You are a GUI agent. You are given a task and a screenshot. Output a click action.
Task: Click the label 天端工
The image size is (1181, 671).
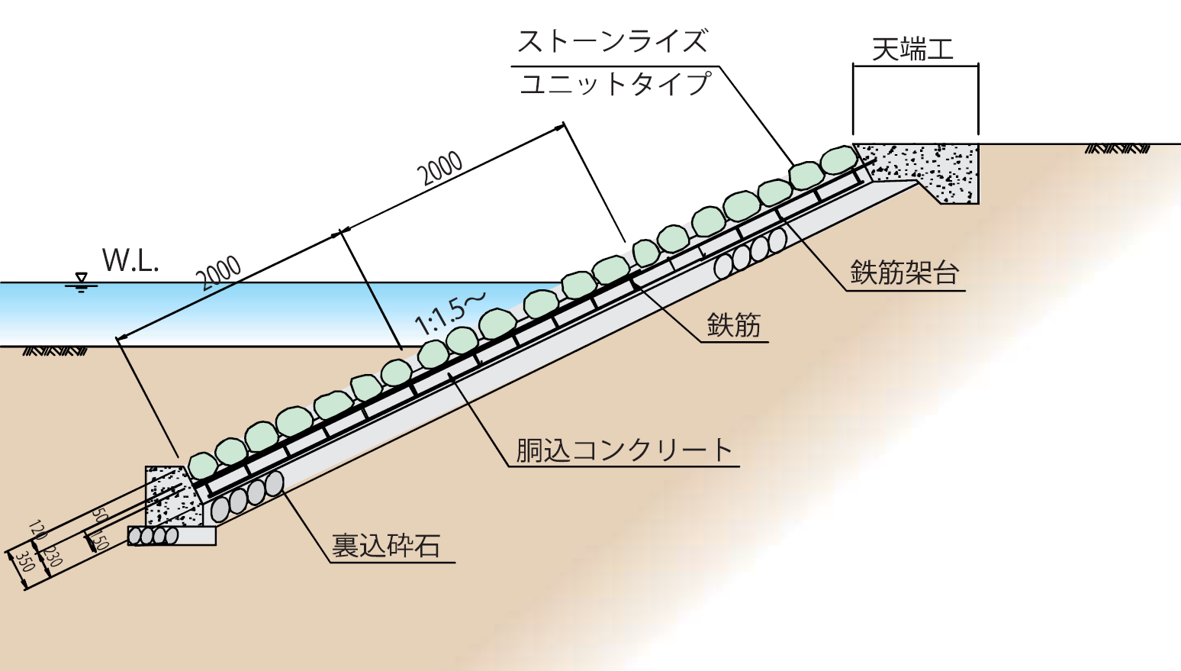point(912,50)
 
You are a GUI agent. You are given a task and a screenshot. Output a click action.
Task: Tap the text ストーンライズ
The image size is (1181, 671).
point(613,41)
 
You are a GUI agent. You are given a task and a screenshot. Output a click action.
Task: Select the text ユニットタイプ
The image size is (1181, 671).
point(615,83)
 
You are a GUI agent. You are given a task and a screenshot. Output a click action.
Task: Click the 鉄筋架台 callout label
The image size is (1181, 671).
point(904,273)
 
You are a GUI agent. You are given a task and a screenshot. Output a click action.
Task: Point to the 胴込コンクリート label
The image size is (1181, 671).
point(624,450)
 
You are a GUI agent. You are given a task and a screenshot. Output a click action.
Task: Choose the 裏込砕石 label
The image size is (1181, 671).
point(386,546)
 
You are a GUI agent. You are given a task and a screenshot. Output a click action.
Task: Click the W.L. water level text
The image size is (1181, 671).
point(130,261)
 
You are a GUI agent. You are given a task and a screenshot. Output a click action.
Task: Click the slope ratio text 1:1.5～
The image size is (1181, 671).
point(449,314)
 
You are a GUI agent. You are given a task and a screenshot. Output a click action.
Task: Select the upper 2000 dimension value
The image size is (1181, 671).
point(442,169)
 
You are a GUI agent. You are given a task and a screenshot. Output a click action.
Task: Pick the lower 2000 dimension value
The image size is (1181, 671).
point(220,273)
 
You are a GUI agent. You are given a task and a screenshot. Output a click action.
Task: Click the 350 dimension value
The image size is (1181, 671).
point(25,561)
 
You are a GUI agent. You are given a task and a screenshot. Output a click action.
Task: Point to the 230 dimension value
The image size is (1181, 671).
point(52,555)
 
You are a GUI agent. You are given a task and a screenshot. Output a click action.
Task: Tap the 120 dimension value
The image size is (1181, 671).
point(37,530)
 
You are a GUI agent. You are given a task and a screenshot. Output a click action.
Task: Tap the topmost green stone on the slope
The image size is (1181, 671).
point(838,160)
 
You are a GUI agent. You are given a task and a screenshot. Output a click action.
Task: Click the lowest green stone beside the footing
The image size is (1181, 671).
point(202,466)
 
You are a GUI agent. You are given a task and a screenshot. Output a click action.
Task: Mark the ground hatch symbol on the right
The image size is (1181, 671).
point(1116,149)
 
